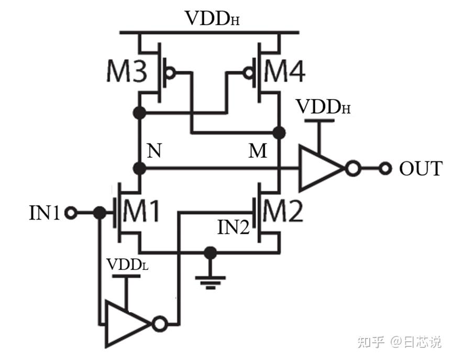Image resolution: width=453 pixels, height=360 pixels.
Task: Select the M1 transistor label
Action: [x=141, y=212]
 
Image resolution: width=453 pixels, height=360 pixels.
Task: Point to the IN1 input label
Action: [x=45, y=213]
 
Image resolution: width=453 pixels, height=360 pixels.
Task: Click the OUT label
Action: [x=420, y=169]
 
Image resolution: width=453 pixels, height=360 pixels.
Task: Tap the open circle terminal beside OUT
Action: [x=386, y=169]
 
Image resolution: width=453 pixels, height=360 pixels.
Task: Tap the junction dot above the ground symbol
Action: [x=211, y=254]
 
